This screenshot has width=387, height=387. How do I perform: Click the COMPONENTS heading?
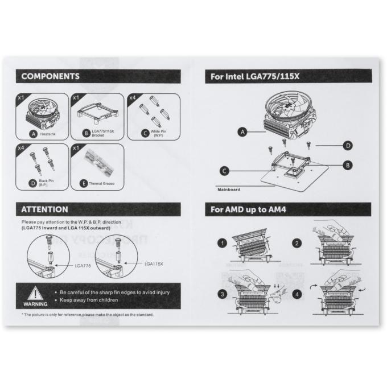coord(50,76)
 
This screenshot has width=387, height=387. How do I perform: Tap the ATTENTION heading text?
coord(44,209)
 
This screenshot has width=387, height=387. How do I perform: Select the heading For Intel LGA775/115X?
coord(255,76)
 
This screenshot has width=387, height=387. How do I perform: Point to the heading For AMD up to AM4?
coord(248,209)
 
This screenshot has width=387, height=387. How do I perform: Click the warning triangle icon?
coord(35,293)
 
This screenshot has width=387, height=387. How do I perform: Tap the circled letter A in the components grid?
coord(33,134)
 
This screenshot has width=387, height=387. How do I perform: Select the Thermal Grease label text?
coord(102,184)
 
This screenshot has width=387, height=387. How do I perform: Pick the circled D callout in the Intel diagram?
coord(348,146)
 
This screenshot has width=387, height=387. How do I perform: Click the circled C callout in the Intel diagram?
coord(224,171)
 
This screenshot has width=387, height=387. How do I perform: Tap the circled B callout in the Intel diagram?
coord(348,165)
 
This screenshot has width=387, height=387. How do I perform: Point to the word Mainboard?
coord(229,190)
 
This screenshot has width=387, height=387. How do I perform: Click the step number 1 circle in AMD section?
coord(222,243)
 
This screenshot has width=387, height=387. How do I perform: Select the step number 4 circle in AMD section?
coord(297,294)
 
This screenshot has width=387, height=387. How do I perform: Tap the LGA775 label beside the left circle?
coord(83,266)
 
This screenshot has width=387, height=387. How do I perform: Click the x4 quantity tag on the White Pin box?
coord(133,98)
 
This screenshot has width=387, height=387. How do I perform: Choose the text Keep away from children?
coord(89,300)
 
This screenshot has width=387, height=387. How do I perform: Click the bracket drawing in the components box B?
coord(97,113)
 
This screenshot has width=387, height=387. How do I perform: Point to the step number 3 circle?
coord(222,294)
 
